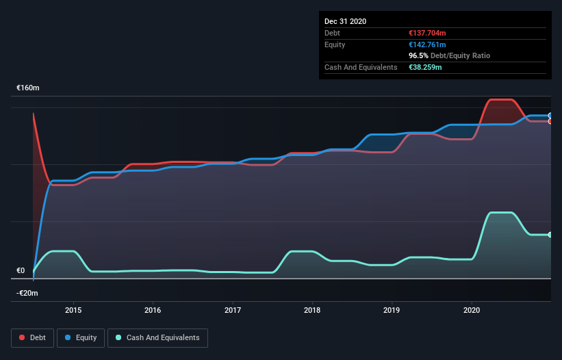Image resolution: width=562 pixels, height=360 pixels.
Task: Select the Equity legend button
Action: click(81, 337)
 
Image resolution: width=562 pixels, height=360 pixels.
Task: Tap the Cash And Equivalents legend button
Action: click(157, 337)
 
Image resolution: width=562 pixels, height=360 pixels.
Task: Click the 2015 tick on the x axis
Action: click(73, 309)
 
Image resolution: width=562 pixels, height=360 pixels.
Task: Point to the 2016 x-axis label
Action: click(153, 309)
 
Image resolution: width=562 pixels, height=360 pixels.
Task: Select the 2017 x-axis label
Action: click(233, 309)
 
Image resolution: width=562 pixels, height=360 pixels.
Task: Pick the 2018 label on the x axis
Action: click(312, 309)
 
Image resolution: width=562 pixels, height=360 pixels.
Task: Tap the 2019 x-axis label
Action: click(392, 309)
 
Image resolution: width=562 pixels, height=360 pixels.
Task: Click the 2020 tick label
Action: click(472, 309)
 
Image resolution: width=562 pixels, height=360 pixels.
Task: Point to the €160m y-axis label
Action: click(28, 88)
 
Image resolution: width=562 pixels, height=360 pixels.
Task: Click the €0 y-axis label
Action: click(21, 270)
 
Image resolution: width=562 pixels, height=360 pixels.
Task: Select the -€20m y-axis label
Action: click(28, 293)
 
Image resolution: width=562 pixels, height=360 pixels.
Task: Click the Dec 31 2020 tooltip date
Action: click(345, 21)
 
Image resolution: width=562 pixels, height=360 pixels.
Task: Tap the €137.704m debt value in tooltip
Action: click(426, 33)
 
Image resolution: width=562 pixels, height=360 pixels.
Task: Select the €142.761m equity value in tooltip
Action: click(426, 44)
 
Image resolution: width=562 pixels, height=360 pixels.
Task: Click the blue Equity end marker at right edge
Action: click(550, 116)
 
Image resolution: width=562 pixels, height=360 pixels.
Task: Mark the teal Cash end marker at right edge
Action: click(550, 235)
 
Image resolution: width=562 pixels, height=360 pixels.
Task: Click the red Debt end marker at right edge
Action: click(550, 121)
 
